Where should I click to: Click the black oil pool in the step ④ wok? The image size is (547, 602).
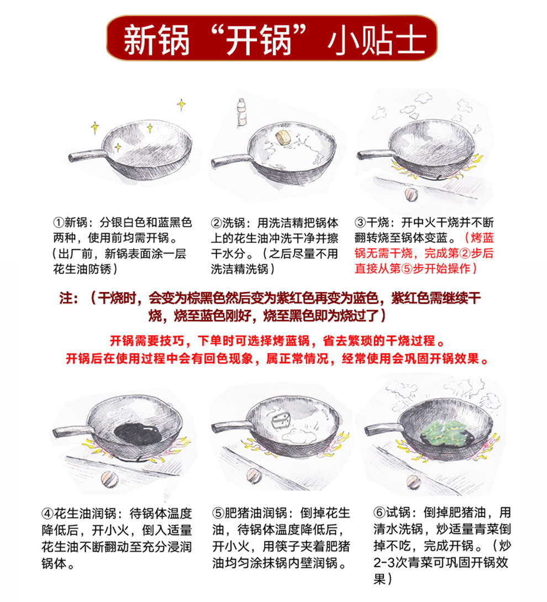coord(137,434)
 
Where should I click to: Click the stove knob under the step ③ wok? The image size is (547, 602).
coord(411,193)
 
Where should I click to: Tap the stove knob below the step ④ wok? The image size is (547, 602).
coord(110,477)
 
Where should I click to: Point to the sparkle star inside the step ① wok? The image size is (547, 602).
coord(118,146)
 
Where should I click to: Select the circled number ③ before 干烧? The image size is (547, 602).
coord(360,223)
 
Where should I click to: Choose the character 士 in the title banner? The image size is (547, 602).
coord(410,39)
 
